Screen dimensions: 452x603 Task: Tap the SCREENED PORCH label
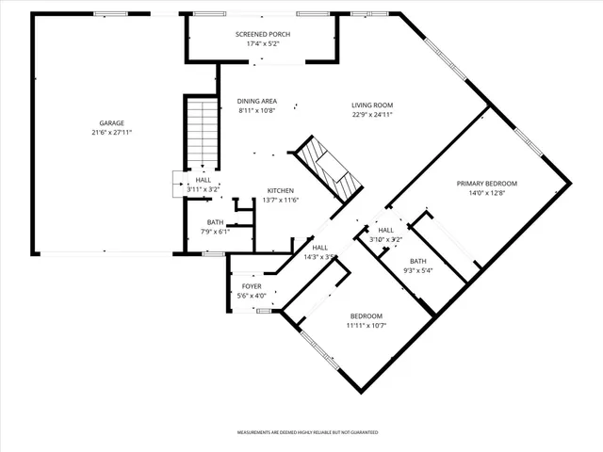tap(262, 34)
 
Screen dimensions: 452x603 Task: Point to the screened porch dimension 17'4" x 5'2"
tap(262, 43)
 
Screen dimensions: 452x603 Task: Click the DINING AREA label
tap(256, 101)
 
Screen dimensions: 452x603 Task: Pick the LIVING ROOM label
tap(372, 105)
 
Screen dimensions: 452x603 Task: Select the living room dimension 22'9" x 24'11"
tap(372, 114)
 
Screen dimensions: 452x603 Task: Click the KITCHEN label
tap(281, 189)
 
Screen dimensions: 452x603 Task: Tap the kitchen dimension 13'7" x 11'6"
tap(281, 199)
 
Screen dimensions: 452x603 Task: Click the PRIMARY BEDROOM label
tap(487, 183)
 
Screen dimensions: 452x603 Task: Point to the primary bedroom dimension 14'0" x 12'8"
tap(487, 193)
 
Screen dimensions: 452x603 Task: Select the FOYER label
tap(252, 285)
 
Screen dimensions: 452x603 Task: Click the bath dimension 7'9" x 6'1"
tap(216, 232)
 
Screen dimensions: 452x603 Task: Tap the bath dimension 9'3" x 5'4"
tap(417, 271)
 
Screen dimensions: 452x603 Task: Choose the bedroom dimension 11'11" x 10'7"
tap(367, 325)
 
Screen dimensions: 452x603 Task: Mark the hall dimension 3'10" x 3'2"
tap(385, 239)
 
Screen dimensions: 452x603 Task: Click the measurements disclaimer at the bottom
tap(307, 431)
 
